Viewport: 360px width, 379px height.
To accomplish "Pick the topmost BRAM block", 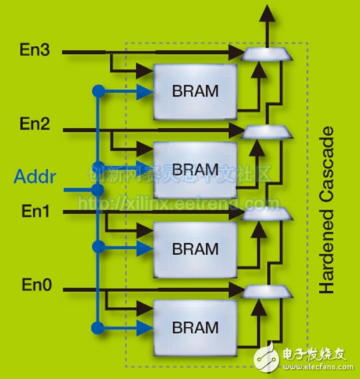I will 195,92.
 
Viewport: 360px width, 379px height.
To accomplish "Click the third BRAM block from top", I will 195,249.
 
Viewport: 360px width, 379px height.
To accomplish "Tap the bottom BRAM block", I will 195,326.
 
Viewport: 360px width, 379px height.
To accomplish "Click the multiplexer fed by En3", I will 258,53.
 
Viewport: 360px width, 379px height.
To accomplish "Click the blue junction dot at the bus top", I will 95,92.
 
